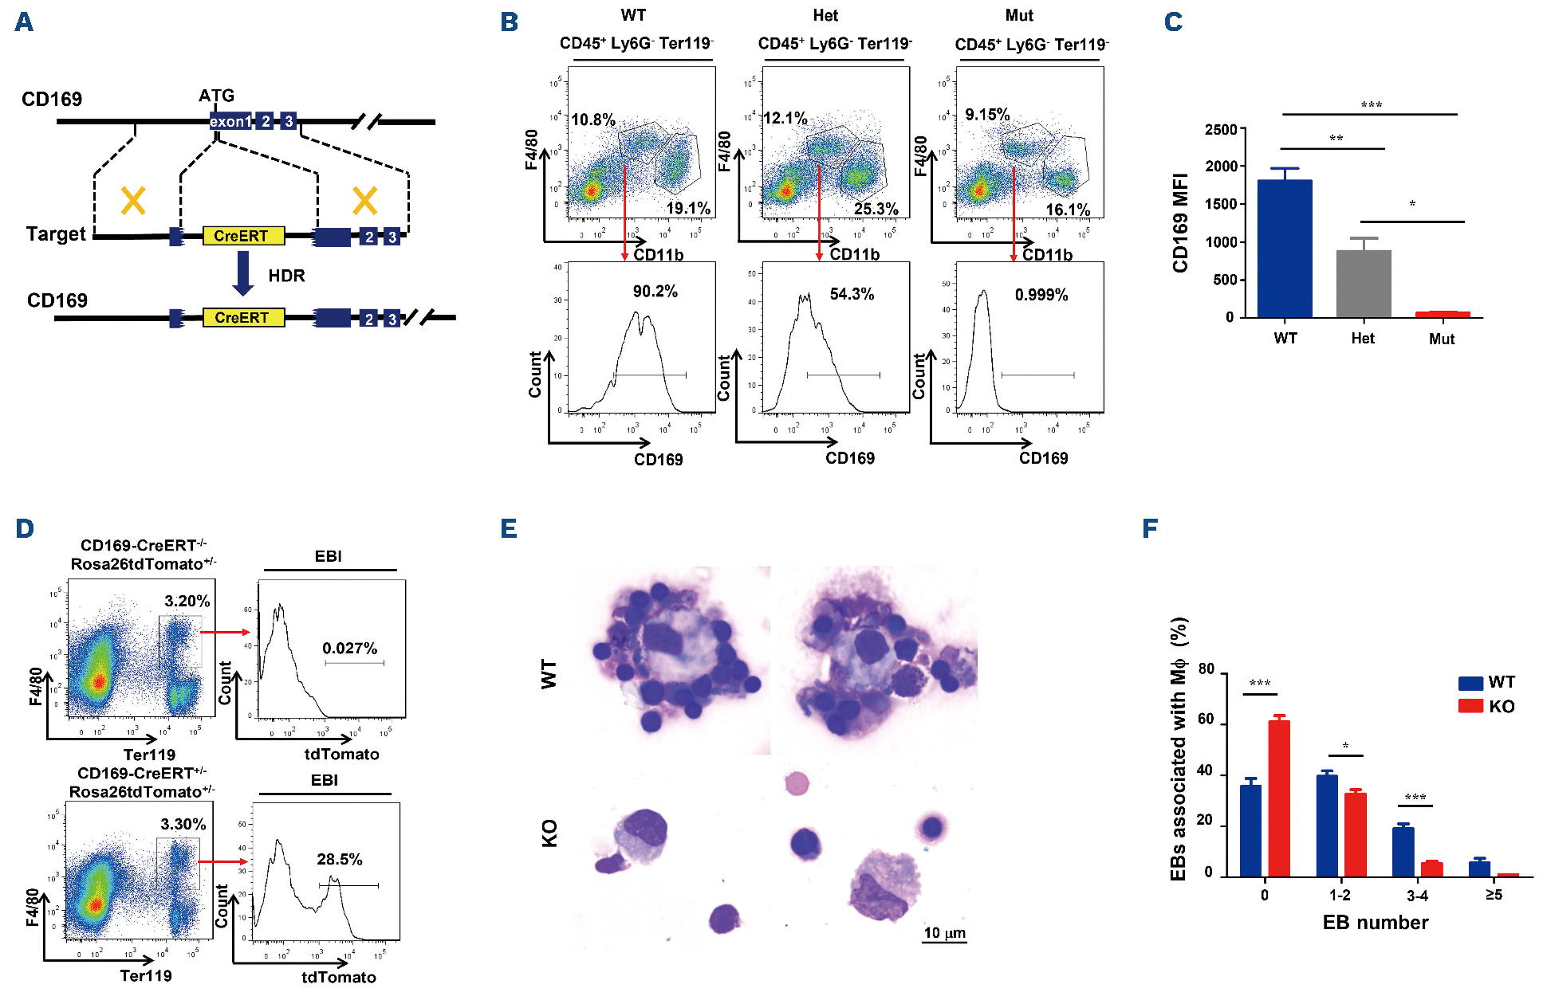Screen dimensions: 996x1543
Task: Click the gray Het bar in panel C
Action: [x=1364, y=284]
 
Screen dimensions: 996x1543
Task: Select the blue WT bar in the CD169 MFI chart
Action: [x=1285, y=249]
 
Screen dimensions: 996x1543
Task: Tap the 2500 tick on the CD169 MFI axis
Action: [x=1221, y=130]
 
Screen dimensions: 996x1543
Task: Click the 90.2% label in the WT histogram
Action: [x=655, y=292]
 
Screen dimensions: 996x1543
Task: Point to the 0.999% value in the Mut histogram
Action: [x=1041, y=296]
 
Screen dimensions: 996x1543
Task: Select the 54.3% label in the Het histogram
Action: [x=852, y=294]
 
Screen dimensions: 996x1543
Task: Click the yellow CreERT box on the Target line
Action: [x=243, y=236]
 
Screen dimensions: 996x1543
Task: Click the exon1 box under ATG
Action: [x=230, y=121]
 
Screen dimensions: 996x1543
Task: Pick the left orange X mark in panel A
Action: [x=133, y=201]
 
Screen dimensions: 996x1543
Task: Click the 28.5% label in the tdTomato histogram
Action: [x=340, y=860]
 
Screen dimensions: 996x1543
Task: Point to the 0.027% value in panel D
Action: [x=349, y=649]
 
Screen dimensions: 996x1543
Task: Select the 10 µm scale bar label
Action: [x=944, y=933]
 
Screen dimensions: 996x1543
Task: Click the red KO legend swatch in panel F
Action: [x=1470, y=706]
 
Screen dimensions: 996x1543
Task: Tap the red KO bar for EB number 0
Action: [x=1278, y=798]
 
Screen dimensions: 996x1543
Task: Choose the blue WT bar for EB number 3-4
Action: [x=1403, y=852]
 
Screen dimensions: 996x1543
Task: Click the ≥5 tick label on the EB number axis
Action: [x=1494, y=895]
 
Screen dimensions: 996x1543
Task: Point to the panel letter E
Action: [x=509, y=529]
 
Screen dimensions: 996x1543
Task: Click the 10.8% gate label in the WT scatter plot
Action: [x=592, y=120]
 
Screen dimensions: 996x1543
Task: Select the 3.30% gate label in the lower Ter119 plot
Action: [x=183, y=825]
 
